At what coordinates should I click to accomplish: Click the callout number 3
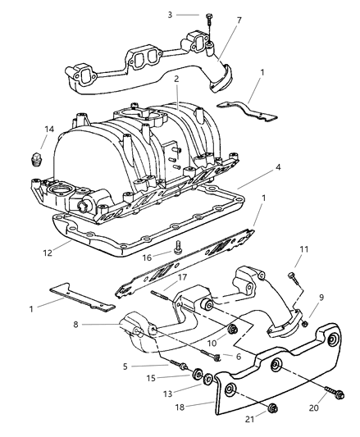(171, 15)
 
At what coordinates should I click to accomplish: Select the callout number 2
(175, 79)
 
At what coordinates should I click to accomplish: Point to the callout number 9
(321, 298)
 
